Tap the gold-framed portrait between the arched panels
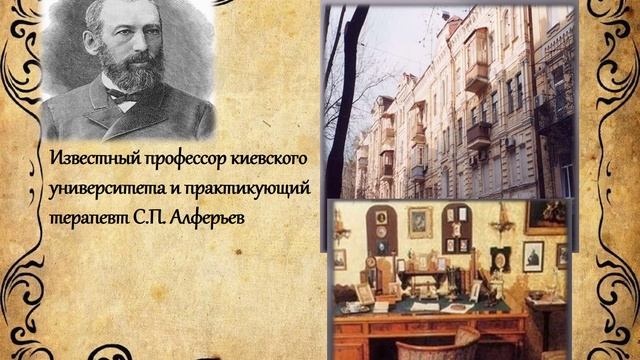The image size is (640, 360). click(419, 221)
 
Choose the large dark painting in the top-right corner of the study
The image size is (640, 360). click(546, 216)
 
